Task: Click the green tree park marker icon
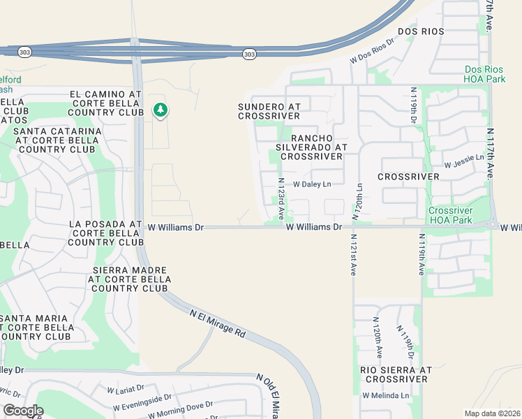click(161, 110)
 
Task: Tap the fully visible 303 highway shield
click(248, 53)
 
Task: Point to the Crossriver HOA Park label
click(450, 215)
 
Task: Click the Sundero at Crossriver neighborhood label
click(269, 111)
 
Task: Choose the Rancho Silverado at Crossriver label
click(311, 147)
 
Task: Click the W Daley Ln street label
click(311, 184)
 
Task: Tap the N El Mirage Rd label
click(218, 324)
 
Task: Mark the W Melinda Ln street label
click(385, 395)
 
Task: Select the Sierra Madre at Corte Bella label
click(130, 279)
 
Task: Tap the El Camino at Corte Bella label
click(106, 103)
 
